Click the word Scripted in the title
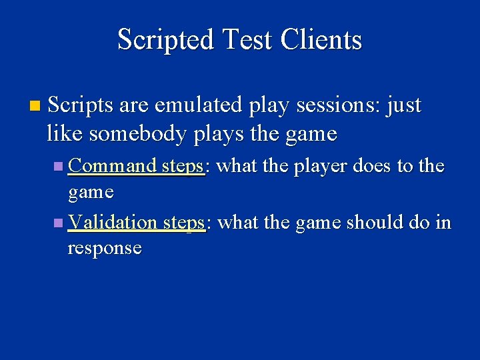[x=161, y=39]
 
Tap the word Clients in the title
[x=321, y=39]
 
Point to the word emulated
[x=185, y=105]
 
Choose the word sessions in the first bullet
[x=318, y=105]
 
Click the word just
[x=404, y=105]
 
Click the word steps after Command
[x=183, y=166]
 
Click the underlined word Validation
[x=113, y=222]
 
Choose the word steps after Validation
[x=183, y=222]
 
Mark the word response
[x=105, y=248]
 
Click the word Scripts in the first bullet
[x=81, y=105]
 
